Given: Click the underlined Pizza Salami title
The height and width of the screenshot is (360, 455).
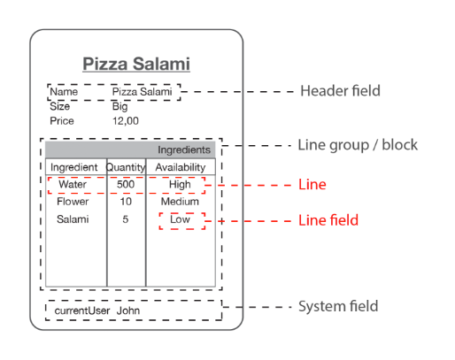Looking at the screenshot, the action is click(136, 64).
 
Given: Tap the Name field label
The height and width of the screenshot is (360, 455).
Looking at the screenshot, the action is click(64, 92).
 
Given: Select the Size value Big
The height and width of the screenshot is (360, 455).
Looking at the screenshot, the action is click(120, 106).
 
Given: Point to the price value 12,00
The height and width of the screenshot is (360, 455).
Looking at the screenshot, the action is click(126, 121).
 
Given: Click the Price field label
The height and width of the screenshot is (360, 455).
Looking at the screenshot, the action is click(62, 121).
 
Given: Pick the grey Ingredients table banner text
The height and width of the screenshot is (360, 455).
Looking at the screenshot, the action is click(184, 149).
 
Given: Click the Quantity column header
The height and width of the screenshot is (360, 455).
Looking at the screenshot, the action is click(126, 167).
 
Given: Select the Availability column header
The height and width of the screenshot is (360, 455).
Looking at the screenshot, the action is click(181, 167).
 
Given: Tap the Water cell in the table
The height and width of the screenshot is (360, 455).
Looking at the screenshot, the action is click(73, 184).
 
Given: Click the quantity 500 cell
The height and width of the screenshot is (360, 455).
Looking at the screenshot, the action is click(126, 184).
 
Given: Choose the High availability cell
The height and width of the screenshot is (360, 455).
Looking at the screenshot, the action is click(180, 185).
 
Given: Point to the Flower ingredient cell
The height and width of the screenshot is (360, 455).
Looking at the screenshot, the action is click(73, 202).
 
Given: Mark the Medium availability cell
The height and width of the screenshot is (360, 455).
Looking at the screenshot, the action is click(180, 202).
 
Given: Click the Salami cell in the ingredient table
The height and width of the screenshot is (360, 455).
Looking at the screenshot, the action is click(73, 219).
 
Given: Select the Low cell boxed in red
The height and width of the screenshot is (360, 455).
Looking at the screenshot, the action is click(180, 219).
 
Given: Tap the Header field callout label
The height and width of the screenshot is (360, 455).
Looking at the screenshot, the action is click(340, 91).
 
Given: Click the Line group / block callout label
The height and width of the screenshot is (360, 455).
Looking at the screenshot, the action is click(358, 145).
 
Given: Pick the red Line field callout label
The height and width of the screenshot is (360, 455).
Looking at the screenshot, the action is click(328, 220).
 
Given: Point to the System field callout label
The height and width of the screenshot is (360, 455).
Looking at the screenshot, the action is click(338, 306).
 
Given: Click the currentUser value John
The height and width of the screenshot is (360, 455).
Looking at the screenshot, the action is click(128, 310).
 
